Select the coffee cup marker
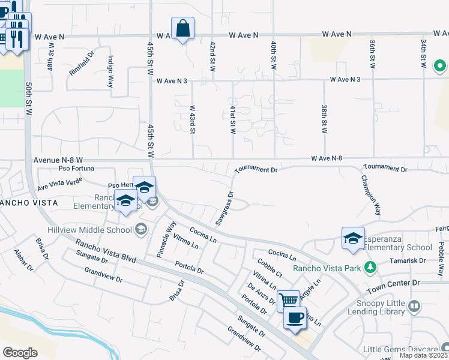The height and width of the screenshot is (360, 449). tap(295, 317)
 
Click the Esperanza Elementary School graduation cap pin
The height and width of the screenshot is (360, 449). tap(353, 238)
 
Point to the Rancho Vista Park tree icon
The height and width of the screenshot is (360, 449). tap(371, 266)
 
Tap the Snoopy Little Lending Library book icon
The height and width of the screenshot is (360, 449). tap(414, 307)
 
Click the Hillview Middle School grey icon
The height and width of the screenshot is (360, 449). tap(141, 229)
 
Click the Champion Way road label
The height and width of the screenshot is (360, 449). tap(371, 195)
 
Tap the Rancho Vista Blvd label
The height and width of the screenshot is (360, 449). tap(105, 251)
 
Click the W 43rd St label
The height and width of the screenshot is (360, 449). tap(193, 119)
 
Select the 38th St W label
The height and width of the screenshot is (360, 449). tap(324, 119)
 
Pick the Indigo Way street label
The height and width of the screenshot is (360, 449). tap(110, 71)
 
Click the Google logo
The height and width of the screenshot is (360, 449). tap(20, 353)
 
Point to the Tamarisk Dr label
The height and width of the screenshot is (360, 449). tap(408, 261)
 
